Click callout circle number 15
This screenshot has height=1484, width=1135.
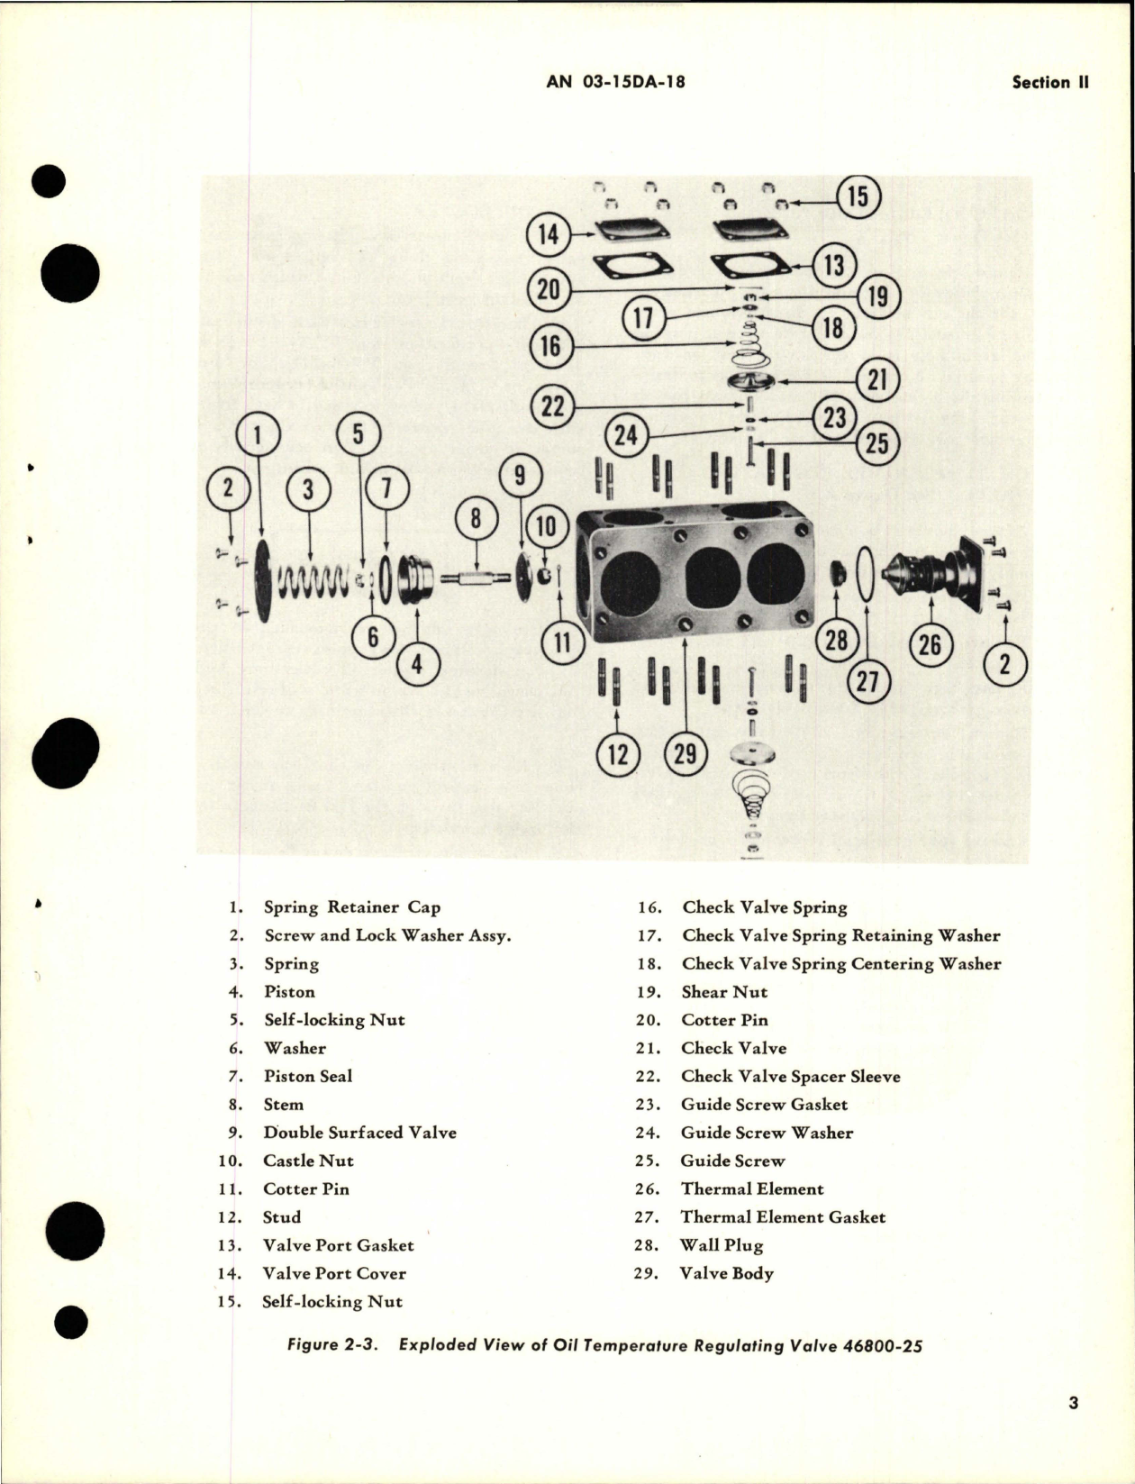pos(858,196)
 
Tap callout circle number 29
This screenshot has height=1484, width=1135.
pos(686,752)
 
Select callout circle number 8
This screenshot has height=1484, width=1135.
pos(477,520)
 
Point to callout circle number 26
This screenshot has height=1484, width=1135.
pos(930,644)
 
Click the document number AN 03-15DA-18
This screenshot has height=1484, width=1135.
pos(615,82)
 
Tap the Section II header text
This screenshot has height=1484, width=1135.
pos(1049,82)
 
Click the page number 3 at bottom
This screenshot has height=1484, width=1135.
pos(1072,1402)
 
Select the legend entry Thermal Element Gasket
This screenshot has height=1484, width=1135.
pos(783,1216)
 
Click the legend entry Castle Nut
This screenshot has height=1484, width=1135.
pos(308,1161)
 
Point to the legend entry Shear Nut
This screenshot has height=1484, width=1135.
pos(724,991)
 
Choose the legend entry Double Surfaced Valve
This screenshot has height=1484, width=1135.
pos(359,1132)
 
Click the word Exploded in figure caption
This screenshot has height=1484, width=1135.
pos(436,1346)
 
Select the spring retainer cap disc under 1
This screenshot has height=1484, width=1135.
pos(264,581)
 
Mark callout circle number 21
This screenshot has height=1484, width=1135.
pos(876,380)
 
